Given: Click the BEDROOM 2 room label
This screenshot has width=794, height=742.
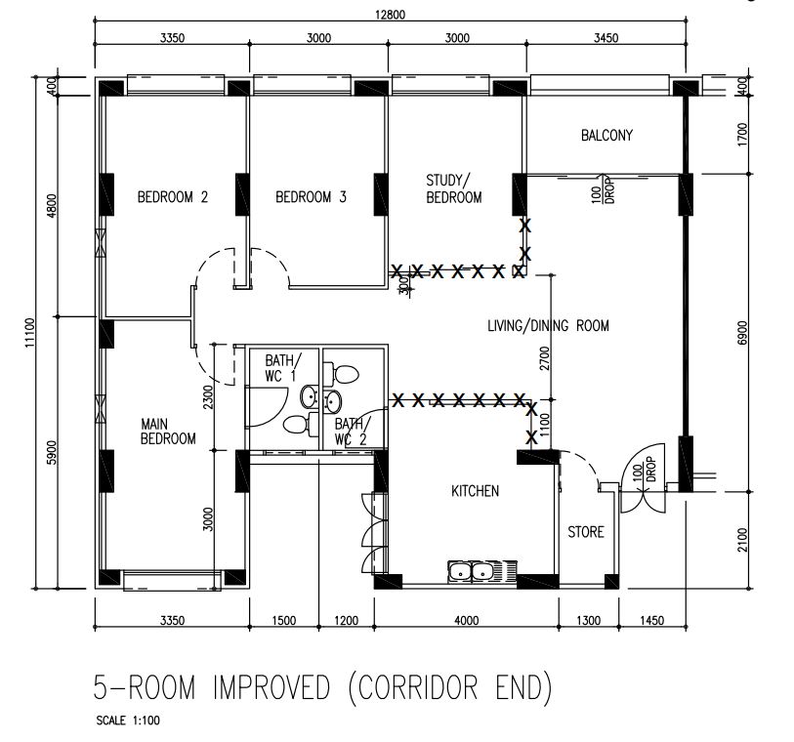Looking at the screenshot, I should (x=172, y=197).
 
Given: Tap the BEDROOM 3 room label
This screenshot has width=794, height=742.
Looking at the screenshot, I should (x=311, y=197).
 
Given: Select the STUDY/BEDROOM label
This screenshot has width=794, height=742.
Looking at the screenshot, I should (x=453, y=188).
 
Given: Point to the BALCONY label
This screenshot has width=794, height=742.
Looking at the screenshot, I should (x=606, y=136).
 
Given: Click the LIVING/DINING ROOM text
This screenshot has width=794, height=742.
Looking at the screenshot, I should (x=548, y=326).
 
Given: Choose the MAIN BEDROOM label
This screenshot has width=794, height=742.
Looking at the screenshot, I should (x=168, y=432).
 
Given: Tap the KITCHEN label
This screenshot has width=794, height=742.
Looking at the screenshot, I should (x=475, y=491).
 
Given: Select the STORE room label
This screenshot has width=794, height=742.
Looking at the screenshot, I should (x=586, y=532).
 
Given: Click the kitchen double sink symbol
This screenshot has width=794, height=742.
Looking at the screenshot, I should (x=473, y=571).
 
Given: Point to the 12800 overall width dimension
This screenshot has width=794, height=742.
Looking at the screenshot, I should (x=389, y=14).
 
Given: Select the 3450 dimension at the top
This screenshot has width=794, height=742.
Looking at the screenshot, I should (x=606, y=38).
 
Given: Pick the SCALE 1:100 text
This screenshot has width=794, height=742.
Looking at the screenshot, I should (x=129, y=723).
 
